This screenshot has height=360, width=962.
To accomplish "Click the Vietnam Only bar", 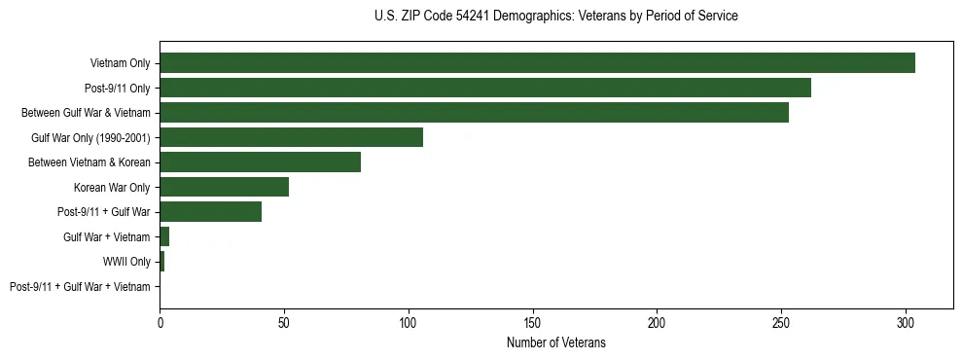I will click(x=537, y=63).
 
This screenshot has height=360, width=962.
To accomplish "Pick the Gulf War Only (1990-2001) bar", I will click(x=291, y=137).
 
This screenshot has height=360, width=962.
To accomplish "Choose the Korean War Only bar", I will click(x=224, y=187).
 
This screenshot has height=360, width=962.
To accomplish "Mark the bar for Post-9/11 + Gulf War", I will click(x=210, y=212).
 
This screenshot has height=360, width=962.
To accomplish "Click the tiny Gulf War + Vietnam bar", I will click(x=164, y=236).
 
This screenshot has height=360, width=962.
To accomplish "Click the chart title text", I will click(x=555, y=17).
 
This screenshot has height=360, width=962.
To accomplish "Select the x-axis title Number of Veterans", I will click(x=555, y=342).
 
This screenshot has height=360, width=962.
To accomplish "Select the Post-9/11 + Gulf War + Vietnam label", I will click(x=80, y=287).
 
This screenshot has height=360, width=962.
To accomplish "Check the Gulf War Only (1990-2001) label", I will click(x=94, y=137).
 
